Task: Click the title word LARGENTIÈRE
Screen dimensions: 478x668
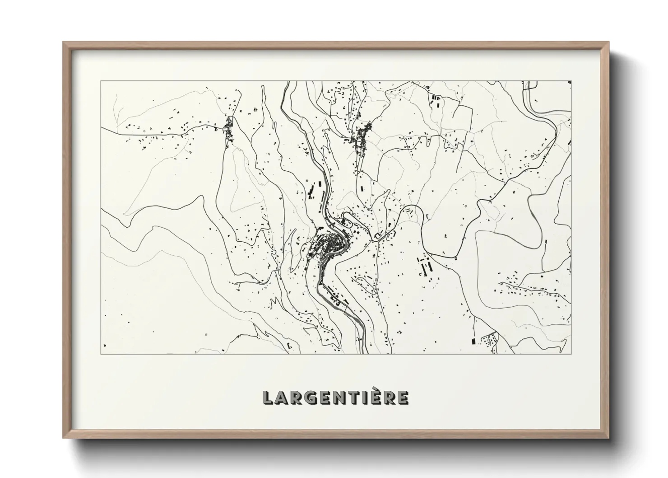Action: tap(336, 397)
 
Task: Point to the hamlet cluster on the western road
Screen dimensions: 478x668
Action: tap(229, 129)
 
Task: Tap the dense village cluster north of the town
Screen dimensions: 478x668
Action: tap(361, 136)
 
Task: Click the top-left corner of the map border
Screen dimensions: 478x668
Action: tap(101, 81)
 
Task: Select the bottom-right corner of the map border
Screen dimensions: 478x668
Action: tap(571, 354)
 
